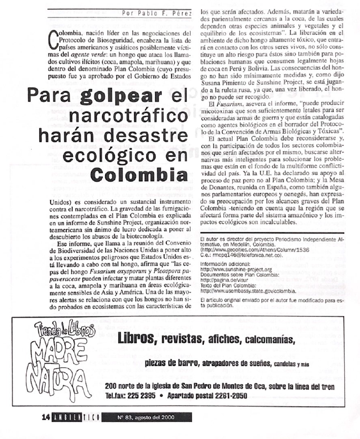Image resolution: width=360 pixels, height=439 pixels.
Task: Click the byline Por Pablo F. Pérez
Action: coord(156,13)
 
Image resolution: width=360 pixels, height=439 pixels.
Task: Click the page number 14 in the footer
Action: coord(46,416)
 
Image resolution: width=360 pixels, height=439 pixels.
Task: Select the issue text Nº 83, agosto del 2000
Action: coord(145,416)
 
